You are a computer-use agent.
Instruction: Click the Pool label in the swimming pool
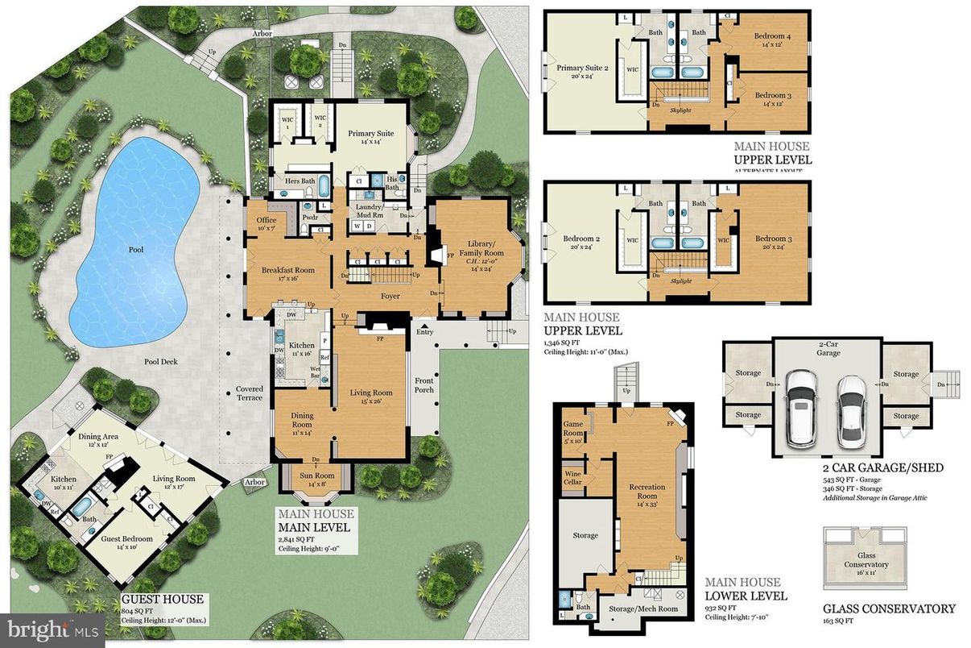click(136, 250)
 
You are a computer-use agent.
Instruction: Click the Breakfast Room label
click(287, 271)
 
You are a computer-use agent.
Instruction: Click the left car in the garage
click(801, 409)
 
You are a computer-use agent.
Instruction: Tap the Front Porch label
click(424, 385)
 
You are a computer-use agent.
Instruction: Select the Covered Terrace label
click(250, 393)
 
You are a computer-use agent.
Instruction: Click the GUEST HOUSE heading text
click(162, 600)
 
